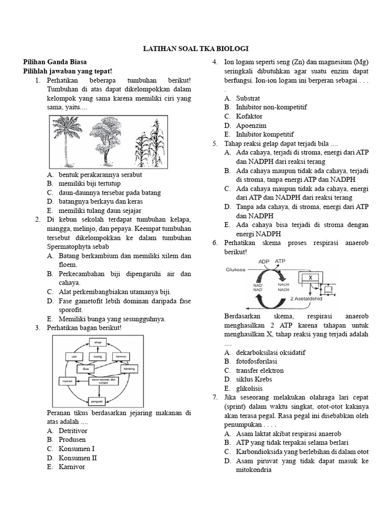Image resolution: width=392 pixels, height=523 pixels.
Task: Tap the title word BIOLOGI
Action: pos(232,48)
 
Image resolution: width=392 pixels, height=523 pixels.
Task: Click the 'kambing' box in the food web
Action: pos(130,368)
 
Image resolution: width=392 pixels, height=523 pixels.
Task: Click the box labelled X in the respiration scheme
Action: pos(310,277)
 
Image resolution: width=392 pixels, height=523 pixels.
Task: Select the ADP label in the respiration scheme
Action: pos(263,261)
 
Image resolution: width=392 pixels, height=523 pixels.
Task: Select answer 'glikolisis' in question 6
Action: pos(250,388)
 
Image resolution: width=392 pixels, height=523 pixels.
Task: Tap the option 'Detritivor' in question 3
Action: pos(73,431)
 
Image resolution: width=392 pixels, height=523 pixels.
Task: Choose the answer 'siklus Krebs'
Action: pos(254,379)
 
